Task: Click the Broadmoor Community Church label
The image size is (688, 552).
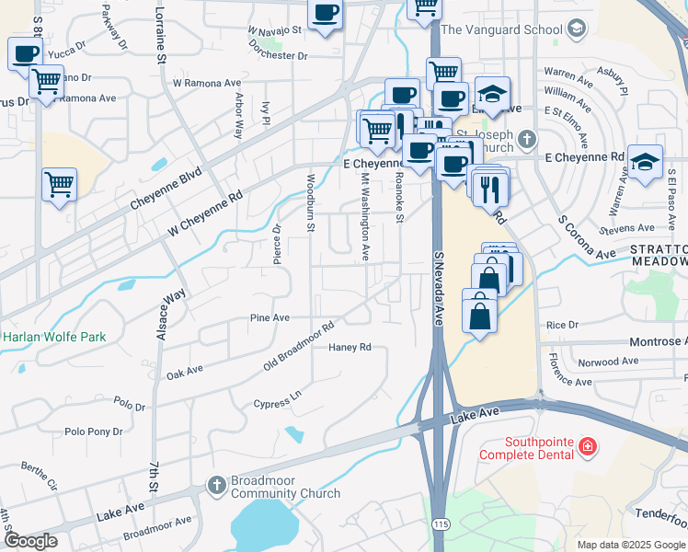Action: click(x=285, y=487)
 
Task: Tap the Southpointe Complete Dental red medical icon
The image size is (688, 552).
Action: click(x=587, y=448)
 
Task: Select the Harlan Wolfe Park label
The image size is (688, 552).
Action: click(x=54, y=337)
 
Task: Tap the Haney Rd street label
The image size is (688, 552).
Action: click(x=350, y=348)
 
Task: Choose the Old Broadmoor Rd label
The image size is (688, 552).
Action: click(x=297, y=347)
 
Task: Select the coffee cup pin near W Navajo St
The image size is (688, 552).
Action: click(x=325, y=14)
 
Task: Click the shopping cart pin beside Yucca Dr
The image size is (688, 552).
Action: click(x=45, y=82)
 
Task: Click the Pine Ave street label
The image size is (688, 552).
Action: click(x=270, y=317)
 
